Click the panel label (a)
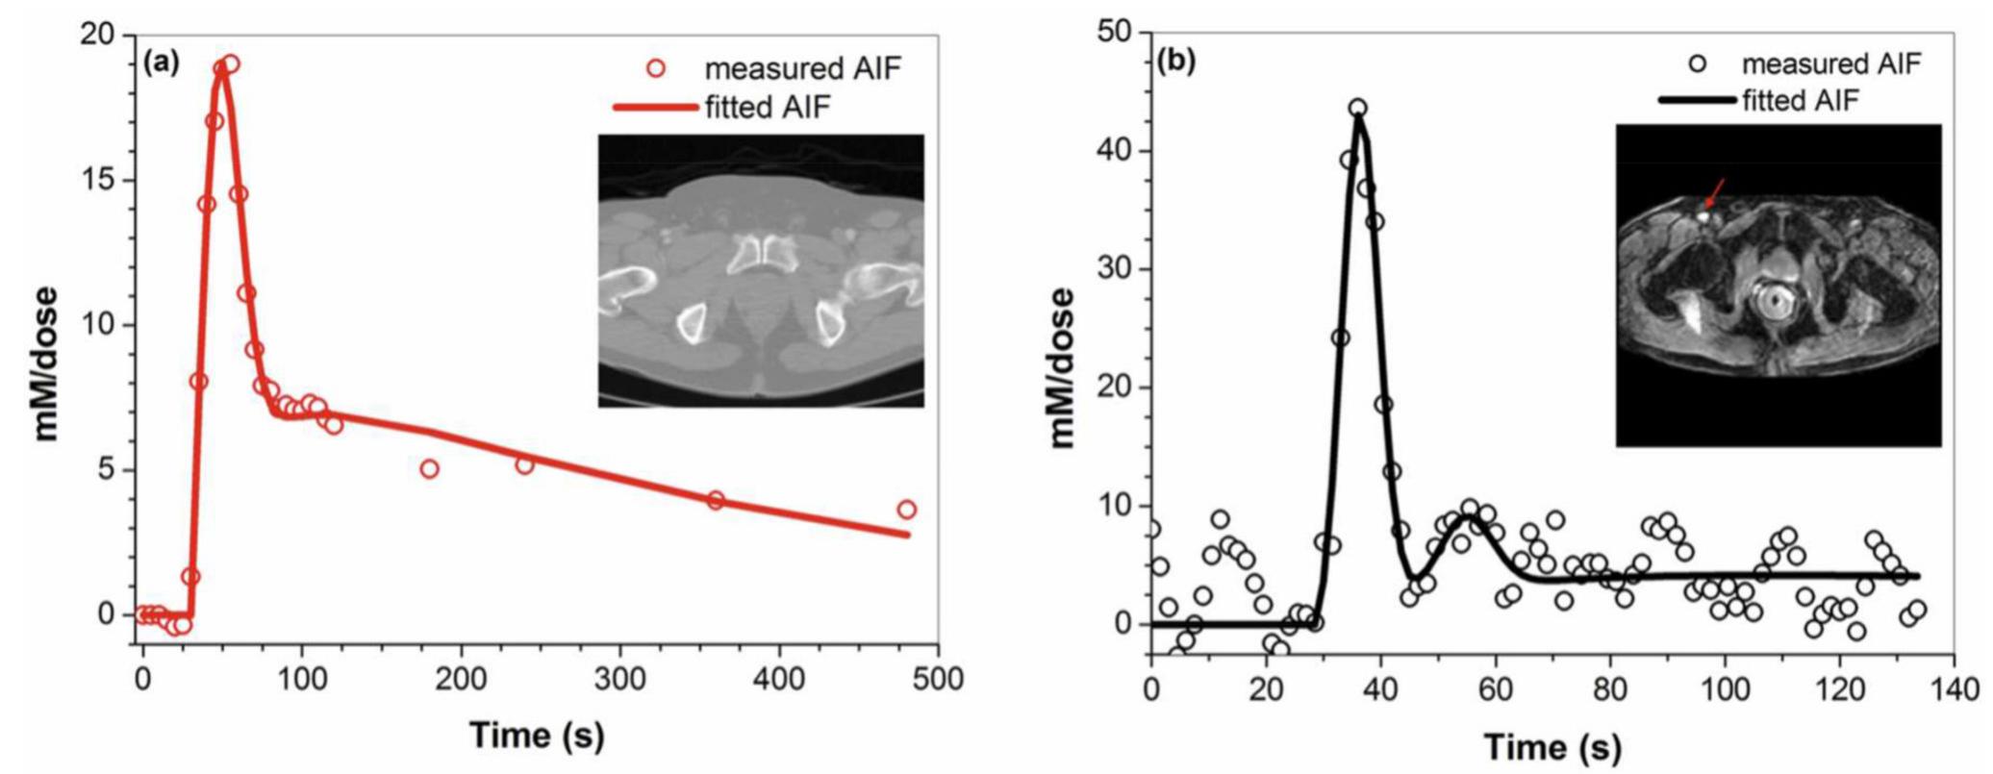pyautogui.click(x=161, y=63)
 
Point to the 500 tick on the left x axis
pyautogui.click(x=938, y=680)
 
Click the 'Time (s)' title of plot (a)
pyautogui.click(x=537, y=737)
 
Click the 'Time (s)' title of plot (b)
pyautogui.click(x=1552, y=747)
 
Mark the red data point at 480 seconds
pyautogui.click(x=906, y=510)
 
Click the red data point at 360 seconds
pyautogui.click(x=715, y=500)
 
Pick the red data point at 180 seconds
pyautogui.click(x=429, y=468)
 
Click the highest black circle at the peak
pyautogui.click(x=1357, y=108)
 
